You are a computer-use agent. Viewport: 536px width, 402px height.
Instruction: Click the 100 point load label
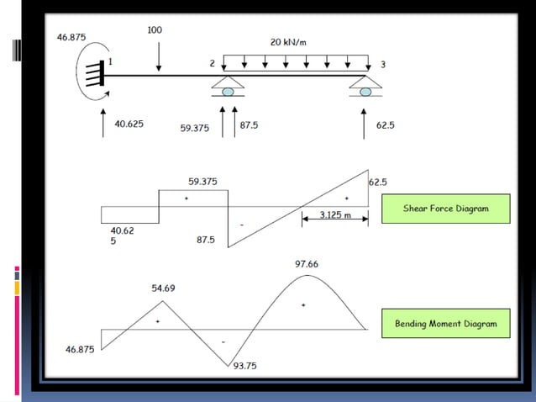pyautogui.click(x=155, y=30)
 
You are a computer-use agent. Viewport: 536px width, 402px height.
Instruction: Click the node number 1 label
pyautogui.click(x=110, y=62)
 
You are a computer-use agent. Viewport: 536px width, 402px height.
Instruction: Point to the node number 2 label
pyautogui.click(x=213, y=64)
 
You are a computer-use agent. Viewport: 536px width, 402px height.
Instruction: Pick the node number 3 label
pyautogui.click(x=382, y=65)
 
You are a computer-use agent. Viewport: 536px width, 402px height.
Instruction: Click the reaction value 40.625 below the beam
pyautogui.click(x=129, y=124)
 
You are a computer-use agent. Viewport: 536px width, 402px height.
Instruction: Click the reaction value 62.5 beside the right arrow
pyautogui.click(x=386, y=124)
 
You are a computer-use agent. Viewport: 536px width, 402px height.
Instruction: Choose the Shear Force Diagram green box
pyautogui.click(x=445, y=209)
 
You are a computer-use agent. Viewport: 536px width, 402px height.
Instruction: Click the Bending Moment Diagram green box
pyautogui.click(x=445, y=323)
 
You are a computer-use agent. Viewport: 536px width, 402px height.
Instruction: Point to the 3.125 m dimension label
pyautogui.click(x=334, y=216)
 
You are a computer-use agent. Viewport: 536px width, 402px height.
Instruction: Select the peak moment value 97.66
pyautogui.click(x=306, y=264)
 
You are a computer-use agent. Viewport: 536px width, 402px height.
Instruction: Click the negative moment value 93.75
pyautogui.click(x=244, y=366)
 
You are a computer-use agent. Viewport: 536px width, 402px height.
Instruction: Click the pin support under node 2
pyautogui.click(x=228, y=85)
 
